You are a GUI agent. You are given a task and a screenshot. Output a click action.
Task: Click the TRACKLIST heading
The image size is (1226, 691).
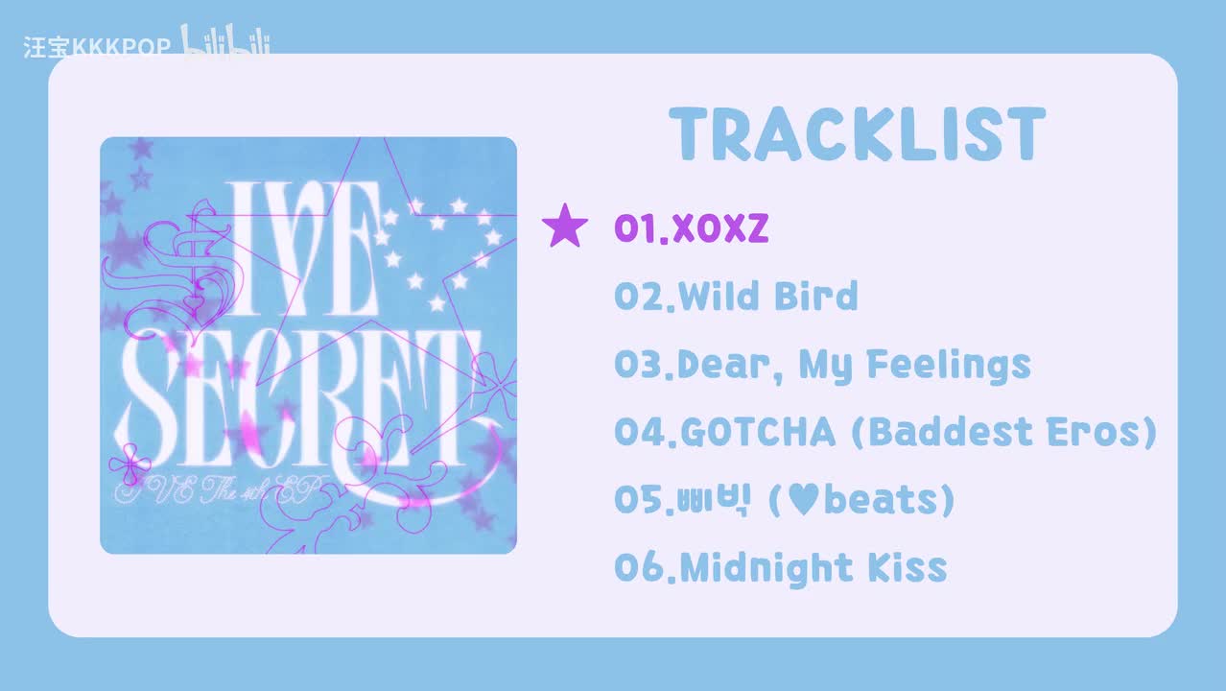click(x=857, y=133)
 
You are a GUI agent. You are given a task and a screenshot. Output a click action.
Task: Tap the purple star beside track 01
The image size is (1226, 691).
click(x=565, y=226)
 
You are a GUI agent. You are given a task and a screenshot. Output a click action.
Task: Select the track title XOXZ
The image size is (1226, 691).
click(x=720, y=227)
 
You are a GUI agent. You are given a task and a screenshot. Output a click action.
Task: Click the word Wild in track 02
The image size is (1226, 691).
click(x=719, y=296)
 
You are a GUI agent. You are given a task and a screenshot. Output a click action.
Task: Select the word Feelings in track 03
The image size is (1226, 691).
click(x=949, y=366)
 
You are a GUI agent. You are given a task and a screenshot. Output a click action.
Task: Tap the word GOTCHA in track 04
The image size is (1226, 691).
click(x=758, y=432)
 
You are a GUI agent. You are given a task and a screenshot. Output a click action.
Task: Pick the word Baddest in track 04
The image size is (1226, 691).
click(x=951, y=432)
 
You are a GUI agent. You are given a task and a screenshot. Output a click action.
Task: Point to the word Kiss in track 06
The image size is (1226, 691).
click(x=908, y=568)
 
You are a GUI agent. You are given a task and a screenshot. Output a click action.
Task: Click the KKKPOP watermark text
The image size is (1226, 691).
click(x=121, y=47)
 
